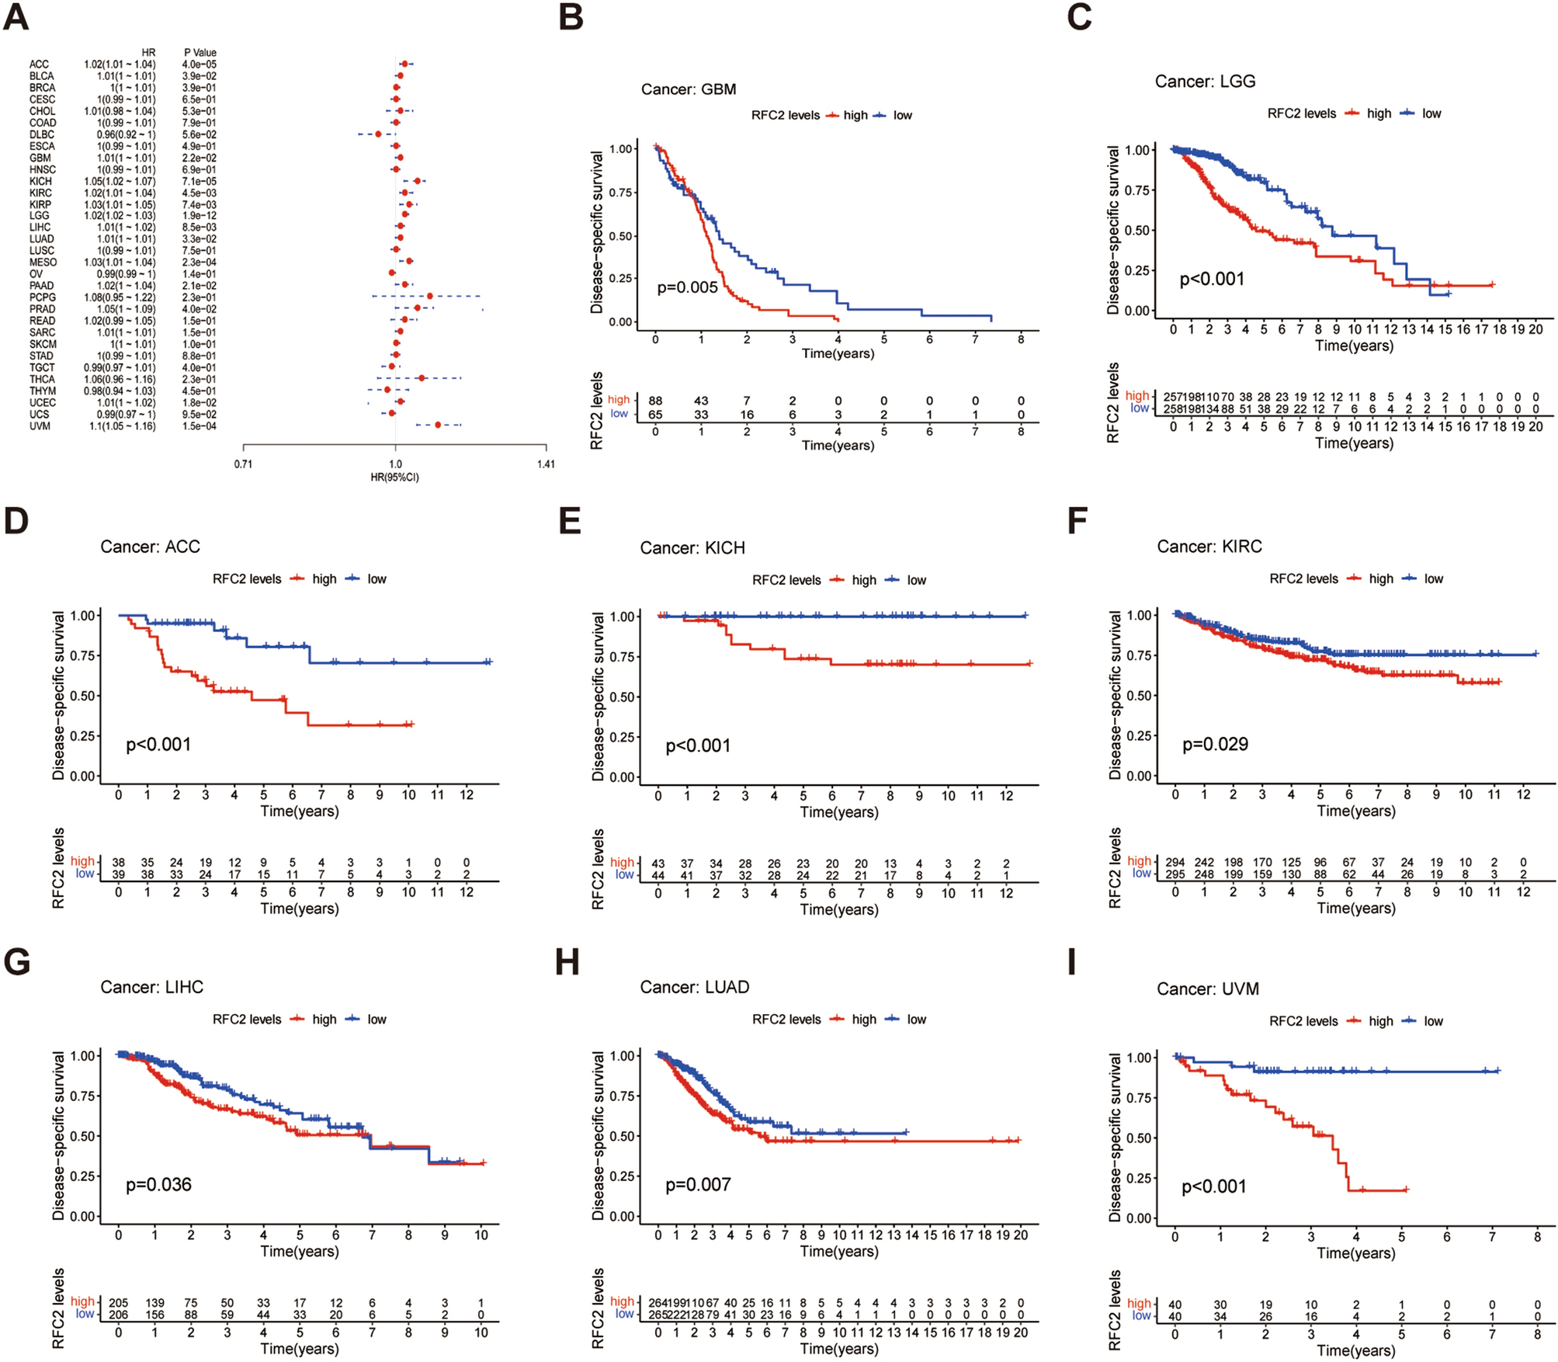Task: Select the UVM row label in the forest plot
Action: pyautogui.click(x=40, y=426)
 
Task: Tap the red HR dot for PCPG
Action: pyautogui.click(x=429, y=297)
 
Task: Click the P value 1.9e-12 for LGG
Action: pyautogui.click(x=200, y=216)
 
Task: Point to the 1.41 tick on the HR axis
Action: pyautogui.click(x=546, y=464)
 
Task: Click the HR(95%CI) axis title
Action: pyautogui.click(x=394, y=477)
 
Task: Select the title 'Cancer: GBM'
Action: pyautogui.click(x=688, y=89)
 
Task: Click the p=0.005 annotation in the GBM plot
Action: pyautogui.click(x=687, y=287)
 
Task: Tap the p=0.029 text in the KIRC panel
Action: pyautogui.click(x=1215, y=745)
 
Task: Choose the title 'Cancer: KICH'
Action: pyautogui.click(x=692, y=548)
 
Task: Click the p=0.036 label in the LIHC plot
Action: pyautogui.click(x=158, y=1185)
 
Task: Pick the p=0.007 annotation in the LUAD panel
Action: pyautogui.click(x=698, y=1185)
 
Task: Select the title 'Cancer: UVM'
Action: pyautogui.click(x=1207, y=989)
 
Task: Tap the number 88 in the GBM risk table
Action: pyautogui.click(x=655, y=401)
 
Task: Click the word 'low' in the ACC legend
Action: pyautogui.click(x=376, y=579)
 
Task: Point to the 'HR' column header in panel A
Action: pyautogui.click(x=148, y=53)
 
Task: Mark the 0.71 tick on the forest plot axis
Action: pyautogui.click(x=244, y=464)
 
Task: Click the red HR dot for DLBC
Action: pyautogui.click(x=378, y=134)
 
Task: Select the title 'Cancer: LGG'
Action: pyautogui.click(x=1205, y=82)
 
